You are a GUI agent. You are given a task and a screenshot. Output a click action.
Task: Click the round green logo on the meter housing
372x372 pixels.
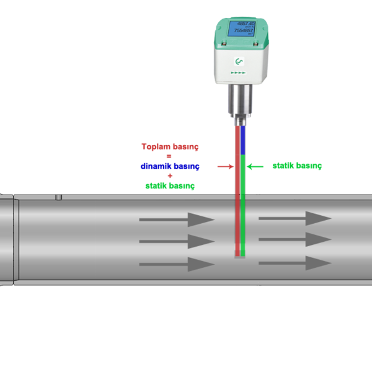pyautogui.click(x=239, y=61)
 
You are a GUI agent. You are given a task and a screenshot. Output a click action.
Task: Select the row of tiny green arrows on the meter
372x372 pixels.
pyautogui.click(x=239, y=73)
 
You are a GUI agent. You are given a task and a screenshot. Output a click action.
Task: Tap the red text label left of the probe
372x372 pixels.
pyautogui.click(x=170, y=147)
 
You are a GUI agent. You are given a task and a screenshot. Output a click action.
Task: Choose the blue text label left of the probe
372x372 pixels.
pyautogui.click(x=170, y=166)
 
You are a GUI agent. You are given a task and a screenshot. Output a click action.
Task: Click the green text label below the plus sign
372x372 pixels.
pyautogui.click(x=170, y=185)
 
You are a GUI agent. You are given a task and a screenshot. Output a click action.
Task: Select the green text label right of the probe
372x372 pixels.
pyautogui.click(x=297, y=166)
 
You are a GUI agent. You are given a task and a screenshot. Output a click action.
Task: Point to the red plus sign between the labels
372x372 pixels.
pyautogui.click(x=170, y=176)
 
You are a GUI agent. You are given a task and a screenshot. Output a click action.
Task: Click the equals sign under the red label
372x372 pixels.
pyautogui.click(x=170, y=156)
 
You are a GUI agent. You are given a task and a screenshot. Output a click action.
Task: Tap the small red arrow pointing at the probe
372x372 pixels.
pyautogui.click(x=224, y=166)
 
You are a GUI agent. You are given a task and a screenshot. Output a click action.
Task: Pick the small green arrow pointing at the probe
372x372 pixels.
pyautogui.click(x=255, y=166)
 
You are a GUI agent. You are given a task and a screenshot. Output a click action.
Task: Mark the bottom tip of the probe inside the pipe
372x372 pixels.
pyautogui.click(x=239, y=255)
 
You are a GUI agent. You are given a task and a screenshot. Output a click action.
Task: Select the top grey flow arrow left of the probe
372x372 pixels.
pyautogui.click(x=176, y=219)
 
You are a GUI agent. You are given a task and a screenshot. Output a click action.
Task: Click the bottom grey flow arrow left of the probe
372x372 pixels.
pyautogui.click(x=176, y=264)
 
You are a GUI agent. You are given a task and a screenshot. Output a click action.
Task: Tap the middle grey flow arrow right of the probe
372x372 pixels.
pyautogui.click(x=294, y=239)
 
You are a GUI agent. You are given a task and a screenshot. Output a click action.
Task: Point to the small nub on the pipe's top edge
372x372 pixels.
pyautogui.click(x=58, y=197)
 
